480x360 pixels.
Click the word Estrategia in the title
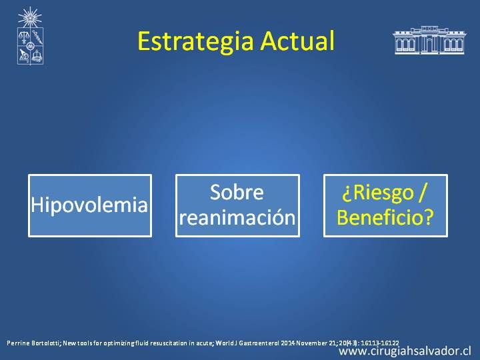pyautogui.click(x=195, y=41)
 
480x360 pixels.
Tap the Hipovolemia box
pyautogui.click(x=90, y=206)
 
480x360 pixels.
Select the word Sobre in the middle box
pyautogui.click(x=237, y=192)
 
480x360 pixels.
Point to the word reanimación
pyautogui.click(x=237, y=217)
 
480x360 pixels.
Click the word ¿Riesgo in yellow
pyautogui.click(x=378, y=193)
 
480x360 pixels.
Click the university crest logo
pyautogui.click(x=30, y=36)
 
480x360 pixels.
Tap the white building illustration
pyautogui.click(x=429, y=40)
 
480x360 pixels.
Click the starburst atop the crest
pyautogui.click(x=30, y=17)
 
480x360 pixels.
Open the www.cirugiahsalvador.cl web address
pyautogui.click(x=405, y=351)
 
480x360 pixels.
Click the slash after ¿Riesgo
pyautogui.click(x=423, y=193)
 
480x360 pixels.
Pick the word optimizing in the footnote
pyautogui.click(x=117, y=343)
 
